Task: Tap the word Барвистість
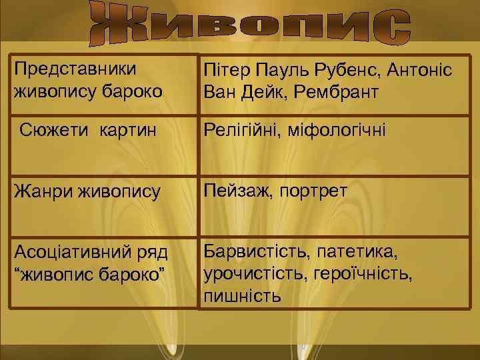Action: click(256, 253)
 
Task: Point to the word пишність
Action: click(242, 295)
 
